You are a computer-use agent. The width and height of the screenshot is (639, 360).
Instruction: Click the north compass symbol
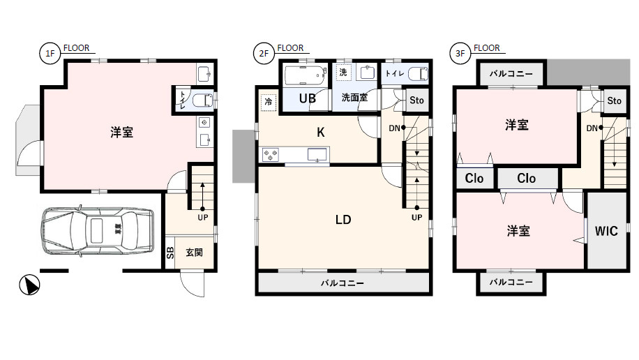pos(29,285)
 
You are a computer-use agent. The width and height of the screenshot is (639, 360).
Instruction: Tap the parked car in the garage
pos(98,231)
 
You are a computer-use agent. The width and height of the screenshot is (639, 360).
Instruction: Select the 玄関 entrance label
pos(195,253)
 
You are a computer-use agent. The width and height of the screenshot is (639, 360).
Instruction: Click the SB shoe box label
pos(170,253)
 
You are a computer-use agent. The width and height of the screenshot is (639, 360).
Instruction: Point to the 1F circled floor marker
pos(50,54)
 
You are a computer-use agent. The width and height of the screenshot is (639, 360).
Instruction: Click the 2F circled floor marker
pos(264,54)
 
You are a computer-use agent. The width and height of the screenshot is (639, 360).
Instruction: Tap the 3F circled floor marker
pos(460,54)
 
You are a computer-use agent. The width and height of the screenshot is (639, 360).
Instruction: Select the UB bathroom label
pos(307,98)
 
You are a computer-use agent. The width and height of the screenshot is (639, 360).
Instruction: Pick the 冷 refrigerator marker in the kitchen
pos(268,101)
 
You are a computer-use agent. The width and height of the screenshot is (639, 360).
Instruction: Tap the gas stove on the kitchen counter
pos(270,155)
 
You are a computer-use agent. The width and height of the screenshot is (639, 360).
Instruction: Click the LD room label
pos(343,220)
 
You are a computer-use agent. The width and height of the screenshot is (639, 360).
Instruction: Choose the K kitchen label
pos(321,132)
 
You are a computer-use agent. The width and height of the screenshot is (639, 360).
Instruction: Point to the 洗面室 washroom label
pos(354,98)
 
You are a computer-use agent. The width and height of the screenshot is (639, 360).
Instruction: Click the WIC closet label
pos(606,231)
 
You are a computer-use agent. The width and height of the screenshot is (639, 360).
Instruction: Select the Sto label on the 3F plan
pos(614,100)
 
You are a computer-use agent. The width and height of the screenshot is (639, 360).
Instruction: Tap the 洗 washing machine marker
pos(343,72)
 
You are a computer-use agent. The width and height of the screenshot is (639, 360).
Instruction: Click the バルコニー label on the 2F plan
pos(343,283)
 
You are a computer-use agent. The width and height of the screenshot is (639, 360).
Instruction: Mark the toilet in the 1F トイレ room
pos(202,100)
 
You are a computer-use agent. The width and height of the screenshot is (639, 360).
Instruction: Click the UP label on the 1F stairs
pos(203,218)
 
